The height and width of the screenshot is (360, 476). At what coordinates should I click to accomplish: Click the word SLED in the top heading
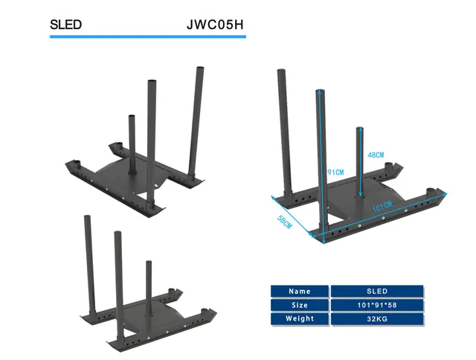[x=65, y=25]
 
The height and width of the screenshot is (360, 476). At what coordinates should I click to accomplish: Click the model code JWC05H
[x=215, y=25]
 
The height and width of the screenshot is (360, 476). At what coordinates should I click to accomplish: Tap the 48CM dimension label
[x=376, y=155]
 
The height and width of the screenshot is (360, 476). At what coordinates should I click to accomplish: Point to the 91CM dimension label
[x=335, y=173]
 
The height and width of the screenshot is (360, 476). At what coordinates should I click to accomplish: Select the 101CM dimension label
[x=382, y=207]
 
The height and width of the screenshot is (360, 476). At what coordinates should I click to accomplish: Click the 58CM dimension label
[x=284, y=222]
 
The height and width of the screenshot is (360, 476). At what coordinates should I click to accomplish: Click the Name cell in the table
[x=300, y=292]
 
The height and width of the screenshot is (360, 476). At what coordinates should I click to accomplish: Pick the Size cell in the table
[x=300, y=305]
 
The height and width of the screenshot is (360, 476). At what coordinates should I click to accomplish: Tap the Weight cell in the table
[x=300, y=319]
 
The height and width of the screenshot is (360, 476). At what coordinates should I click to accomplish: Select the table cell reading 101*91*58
[x=377, y=305]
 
